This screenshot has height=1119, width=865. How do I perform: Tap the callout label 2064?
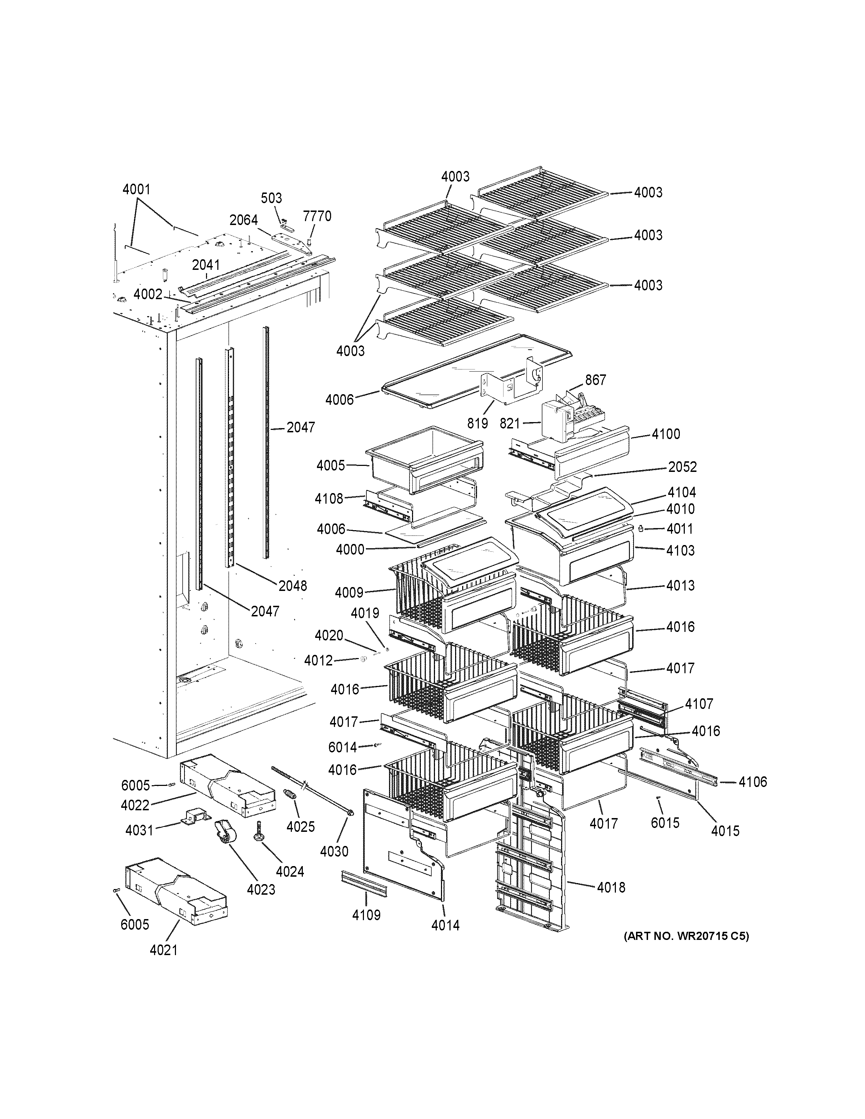click(243, 220)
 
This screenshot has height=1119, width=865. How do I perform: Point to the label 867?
click(595, 380)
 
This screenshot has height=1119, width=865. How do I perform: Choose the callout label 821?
click(510, 424)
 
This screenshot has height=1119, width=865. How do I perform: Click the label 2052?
click(682, 467)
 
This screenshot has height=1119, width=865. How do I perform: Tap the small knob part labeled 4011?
click(641, 529)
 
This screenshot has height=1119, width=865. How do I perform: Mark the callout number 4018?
click(611, 887)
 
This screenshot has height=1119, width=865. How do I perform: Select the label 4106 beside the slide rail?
click(752, 782)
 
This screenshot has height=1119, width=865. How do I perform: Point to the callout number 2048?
click(293, 586)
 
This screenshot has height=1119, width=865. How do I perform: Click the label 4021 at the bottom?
click(164, 950)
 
